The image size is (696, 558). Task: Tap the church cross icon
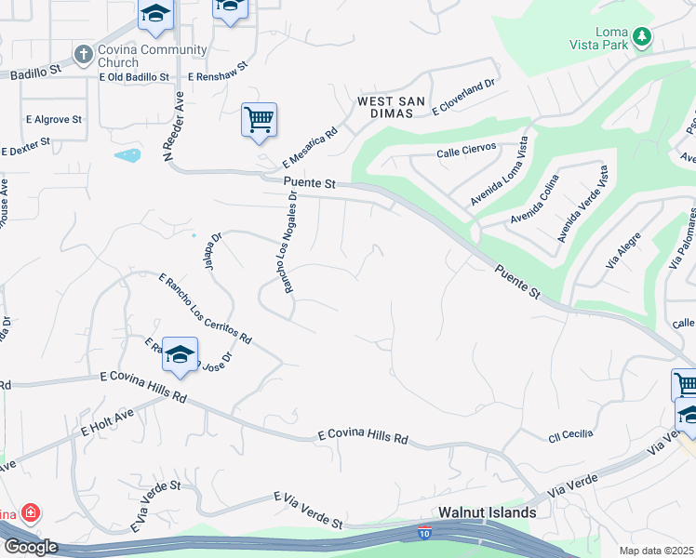(84, 54)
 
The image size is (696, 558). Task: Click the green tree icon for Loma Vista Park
(641, 37)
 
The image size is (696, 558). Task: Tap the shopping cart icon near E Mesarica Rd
(259, 120)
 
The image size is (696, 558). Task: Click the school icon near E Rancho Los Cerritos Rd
(180, 354)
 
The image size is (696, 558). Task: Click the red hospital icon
(30, 512)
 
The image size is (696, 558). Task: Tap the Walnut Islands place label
(488, 512)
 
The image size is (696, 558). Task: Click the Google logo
(31, 547)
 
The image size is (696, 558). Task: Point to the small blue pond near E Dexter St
(127, 155)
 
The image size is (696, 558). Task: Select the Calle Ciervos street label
(473, 151)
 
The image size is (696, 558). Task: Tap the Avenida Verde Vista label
(582, 205)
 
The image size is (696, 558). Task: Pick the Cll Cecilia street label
(570, 435)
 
